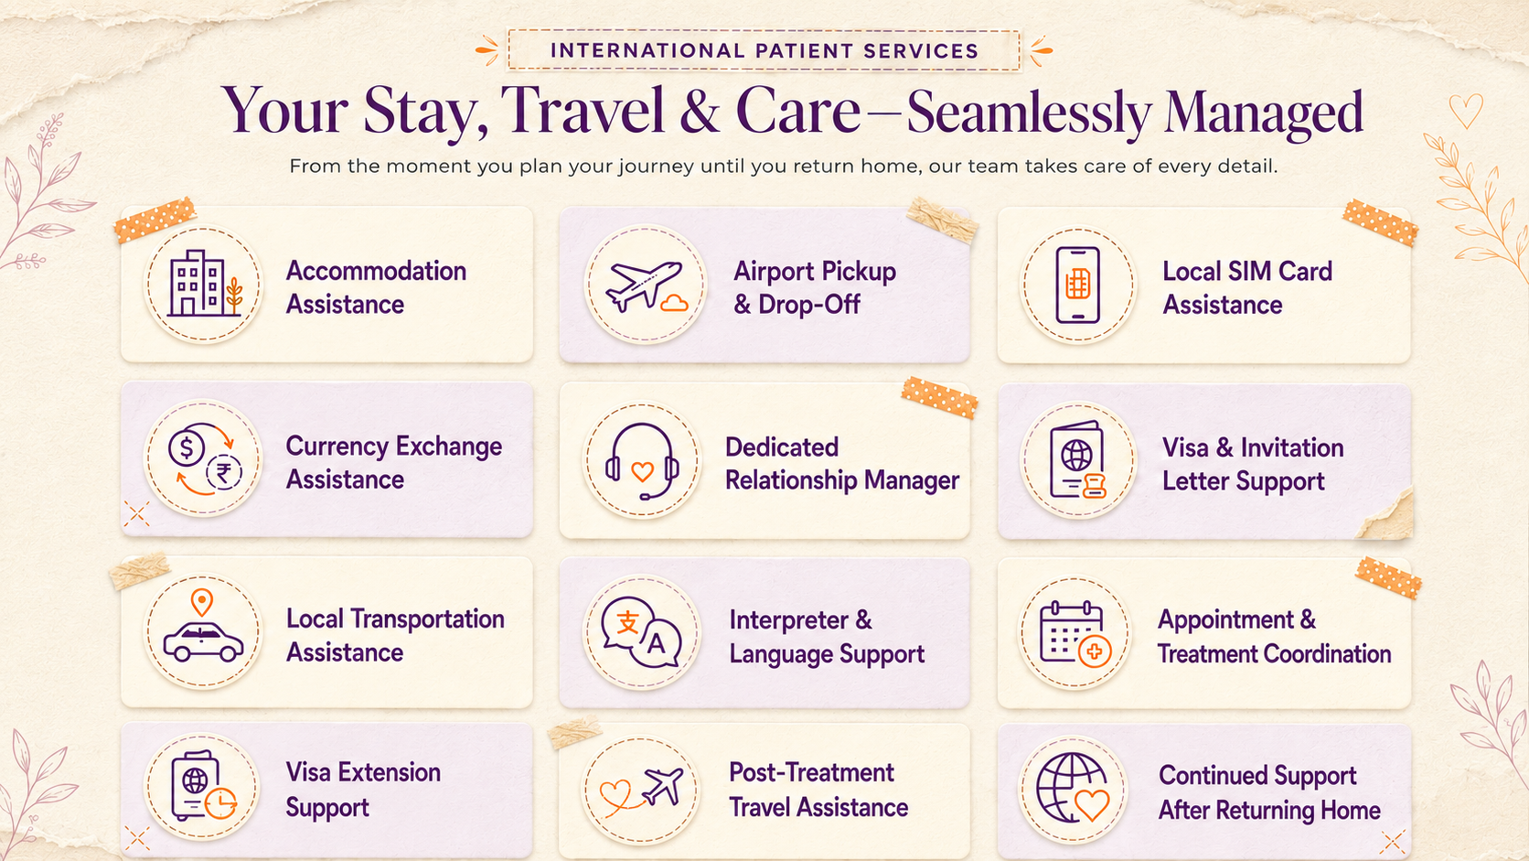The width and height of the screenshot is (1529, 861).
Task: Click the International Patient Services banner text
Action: pyautogui.click(x=764, y=50)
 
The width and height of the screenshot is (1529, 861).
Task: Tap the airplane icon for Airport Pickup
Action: pyautogui.click(x=644, y=285)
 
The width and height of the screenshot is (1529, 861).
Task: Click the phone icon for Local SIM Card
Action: pyautogui.click(x=1078, y=284)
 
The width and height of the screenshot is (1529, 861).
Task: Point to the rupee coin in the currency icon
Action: pyautogui.click(x=224, y=472)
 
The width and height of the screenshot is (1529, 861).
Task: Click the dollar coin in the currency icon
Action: pyautogui.click(x=187, y=448)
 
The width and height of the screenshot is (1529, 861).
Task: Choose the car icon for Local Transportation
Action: pyautogui.click(x=203, y=641)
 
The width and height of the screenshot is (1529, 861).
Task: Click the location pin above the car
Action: pyautogui.click(x=202, y=602)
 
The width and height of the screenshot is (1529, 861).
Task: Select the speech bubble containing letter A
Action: pyautogui.click(x=656, y=644)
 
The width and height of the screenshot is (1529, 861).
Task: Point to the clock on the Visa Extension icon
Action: pyautogui.click(x=220, y=803)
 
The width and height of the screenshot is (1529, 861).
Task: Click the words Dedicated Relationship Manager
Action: pyautogui.click(x=842, y=464)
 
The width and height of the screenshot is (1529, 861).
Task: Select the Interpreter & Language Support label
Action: pyautogui.click(x=827, y=636)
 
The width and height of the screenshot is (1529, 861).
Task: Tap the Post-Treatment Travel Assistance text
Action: pyautogui.click(x=818, y=790)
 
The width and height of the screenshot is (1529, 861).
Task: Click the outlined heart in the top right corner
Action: pyautogui.click(x=1466, y=112)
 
